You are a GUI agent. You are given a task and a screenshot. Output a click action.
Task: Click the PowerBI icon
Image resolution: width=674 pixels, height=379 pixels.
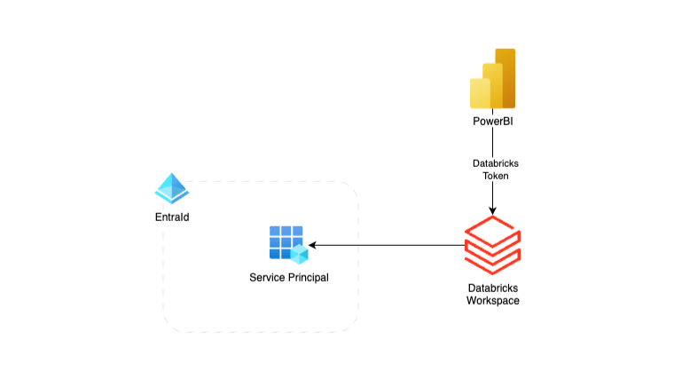(x=492, y=79)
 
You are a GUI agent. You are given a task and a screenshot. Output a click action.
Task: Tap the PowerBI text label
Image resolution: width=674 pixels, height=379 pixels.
(x=492, y=121)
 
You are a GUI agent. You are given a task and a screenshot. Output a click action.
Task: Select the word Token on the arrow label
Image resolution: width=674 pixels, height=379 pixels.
(x=492, y=177)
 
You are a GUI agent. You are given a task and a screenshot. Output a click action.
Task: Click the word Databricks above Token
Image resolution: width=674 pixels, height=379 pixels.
(x=492, y=164)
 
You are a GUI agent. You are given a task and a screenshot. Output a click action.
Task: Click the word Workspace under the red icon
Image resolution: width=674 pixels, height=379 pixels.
(x=493, y=301)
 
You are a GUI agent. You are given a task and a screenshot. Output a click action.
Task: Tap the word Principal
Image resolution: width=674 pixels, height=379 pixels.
(x=306, y=278)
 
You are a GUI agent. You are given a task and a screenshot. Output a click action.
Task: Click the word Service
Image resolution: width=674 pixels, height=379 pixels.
(x=267, y=278)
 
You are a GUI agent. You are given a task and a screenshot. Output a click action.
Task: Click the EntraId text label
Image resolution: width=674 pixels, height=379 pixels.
(x=172, y=217)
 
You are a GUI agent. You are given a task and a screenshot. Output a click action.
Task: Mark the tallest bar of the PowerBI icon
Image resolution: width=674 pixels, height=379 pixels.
(x=505, y=78)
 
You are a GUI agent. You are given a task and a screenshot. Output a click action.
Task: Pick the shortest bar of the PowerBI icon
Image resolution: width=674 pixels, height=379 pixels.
(x=480, y=93)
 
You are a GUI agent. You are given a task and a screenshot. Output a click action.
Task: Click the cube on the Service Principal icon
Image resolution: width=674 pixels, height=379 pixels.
(x=299, y=254)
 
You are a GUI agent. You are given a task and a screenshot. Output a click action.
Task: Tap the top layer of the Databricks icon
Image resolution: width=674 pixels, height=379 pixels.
(x=492, y=231)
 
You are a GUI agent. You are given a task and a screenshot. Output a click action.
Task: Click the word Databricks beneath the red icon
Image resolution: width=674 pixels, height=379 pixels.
(x=493, y=288)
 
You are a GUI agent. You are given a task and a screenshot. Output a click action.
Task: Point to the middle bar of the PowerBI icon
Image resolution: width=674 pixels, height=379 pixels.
(x=493, y=85)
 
